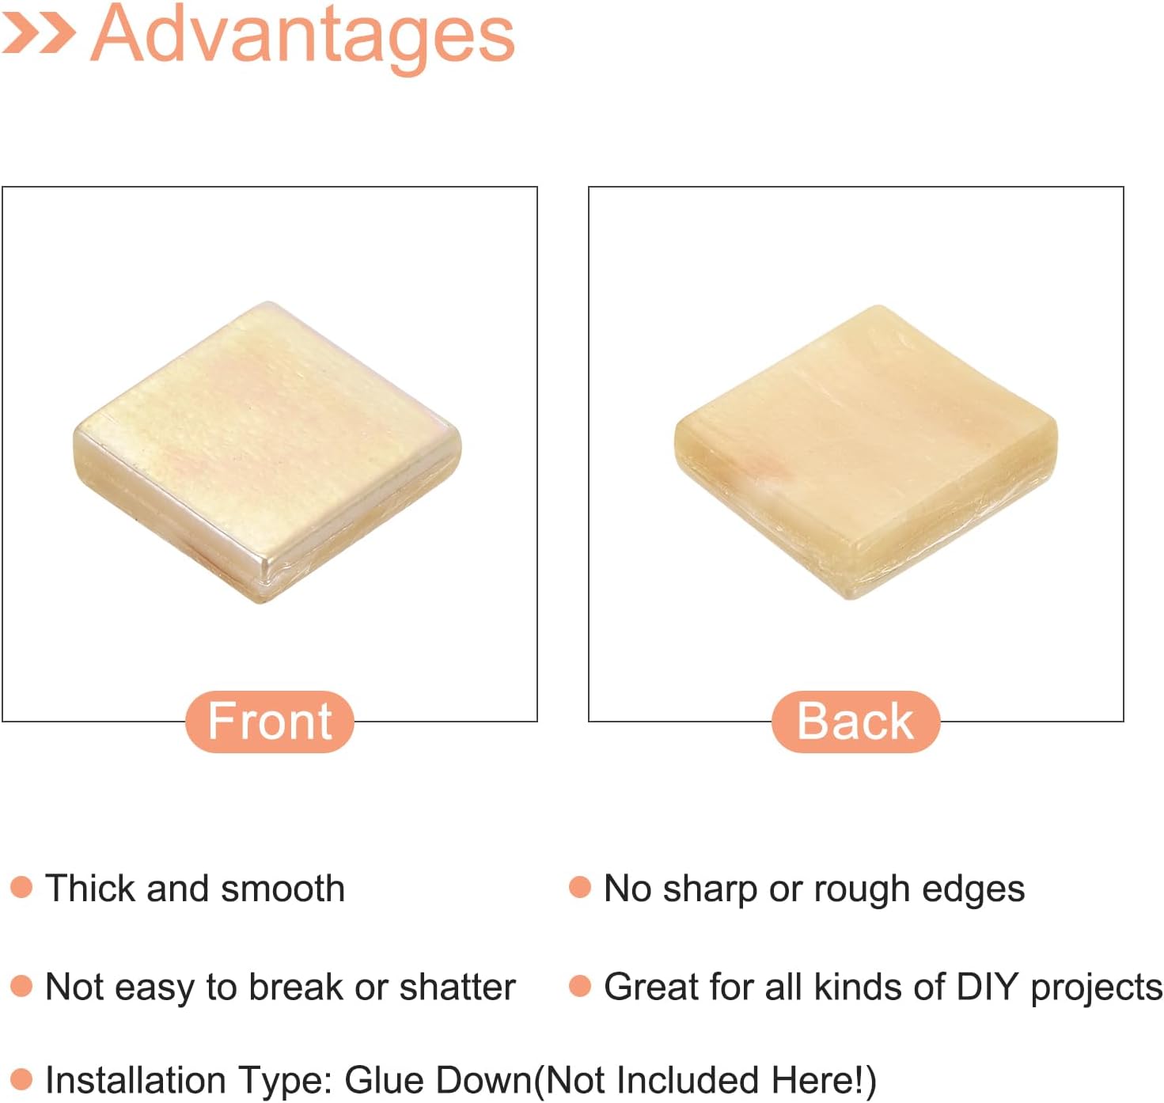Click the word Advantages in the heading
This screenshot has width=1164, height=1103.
click(x=302, y=36)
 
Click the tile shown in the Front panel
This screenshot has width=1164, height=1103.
click(x=267, y=453)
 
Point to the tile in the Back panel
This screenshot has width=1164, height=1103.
click(x=866, y=453)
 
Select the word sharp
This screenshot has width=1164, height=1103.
click(x=710, y=890)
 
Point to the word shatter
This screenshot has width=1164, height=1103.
click(x=457, y=987)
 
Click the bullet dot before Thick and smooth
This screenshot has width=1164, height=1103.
click(x=21, y=887)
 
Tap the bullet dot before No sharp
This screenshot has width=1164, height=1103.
click(x=580, y=887)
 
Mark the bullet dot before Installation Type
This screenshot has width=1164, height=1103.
click(x=21, y=1078)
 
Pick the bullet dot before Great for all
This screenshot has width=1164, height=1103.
click(x=580, y=986)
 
